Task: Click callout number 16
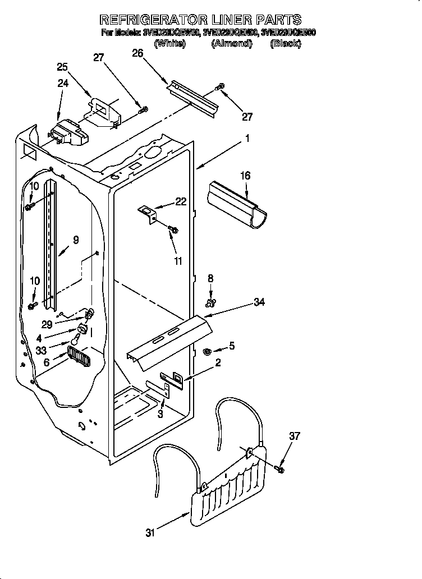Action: tap(246, 176)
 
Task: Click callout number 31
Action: tap(149, 532)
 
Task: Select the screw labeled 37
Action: tap(280, 467)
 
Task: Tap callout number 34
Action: tap(259, 302)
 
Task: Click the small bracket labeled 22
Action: tap(149, 214)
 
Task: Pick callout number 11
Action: tap(178, 261)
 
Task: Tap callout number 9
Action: tap(76, 240)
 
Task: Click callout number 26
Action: tap(137, 53)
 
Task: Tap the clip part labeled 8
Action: tap(211, 304)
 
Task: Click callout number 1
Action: tap(247, 138)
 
